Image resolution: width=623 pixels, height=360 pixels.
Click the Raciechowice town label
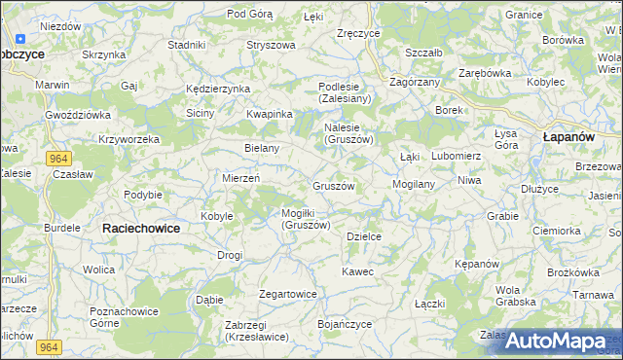[x=141, y=227]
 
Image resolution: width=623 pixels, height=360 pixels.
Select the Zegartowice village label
[x=288, y=294]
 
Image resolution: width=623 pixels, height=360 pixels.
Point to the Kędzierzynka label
[x=218, y=89]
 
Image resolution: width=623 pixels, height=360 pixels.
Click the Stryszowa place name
[x=271, y=45]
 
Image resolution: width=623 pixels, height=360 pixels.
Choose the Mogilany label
[x=413, y=183]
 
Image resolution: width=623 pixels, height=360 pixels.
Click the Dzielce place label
[x=364, y=235]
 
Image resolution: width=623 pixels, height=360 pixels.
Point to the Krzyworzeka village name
[x=128, y=139]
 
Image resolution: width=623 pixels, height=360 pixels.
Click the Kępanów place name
[x=477, y=264]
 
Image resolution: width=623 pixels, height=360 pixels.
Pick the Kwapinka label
[x=270, y=114]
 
